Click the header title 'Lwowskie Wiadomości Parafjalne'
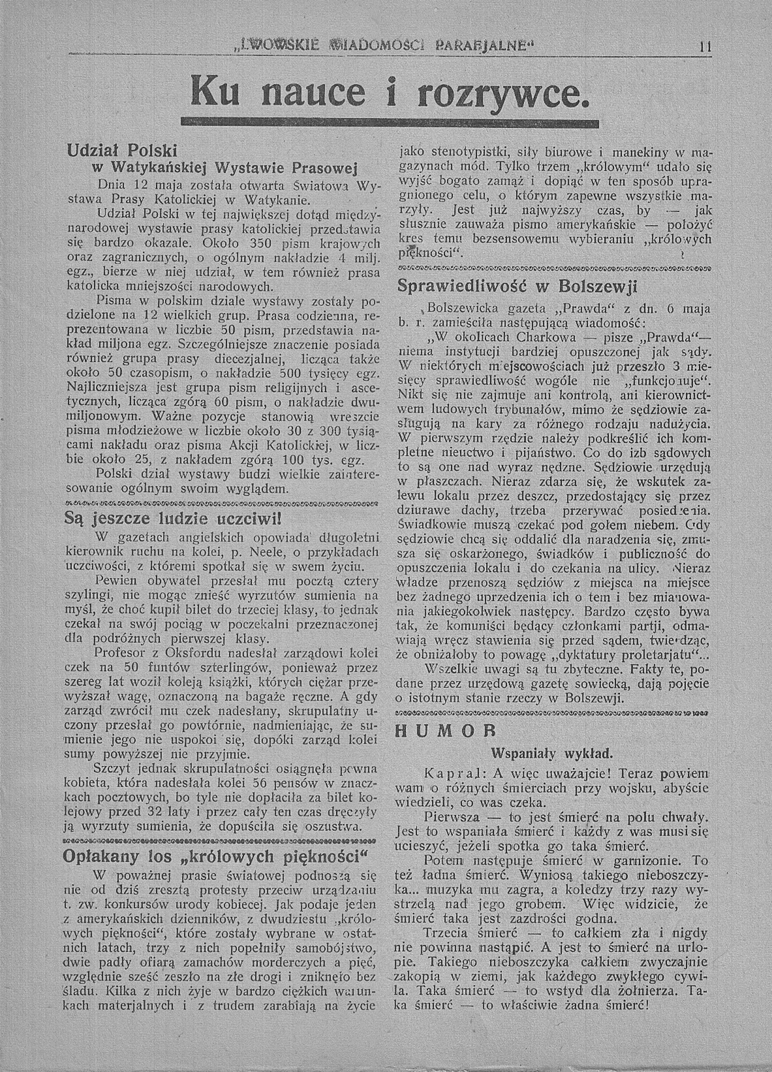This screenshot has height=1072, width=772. point(384,47)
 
